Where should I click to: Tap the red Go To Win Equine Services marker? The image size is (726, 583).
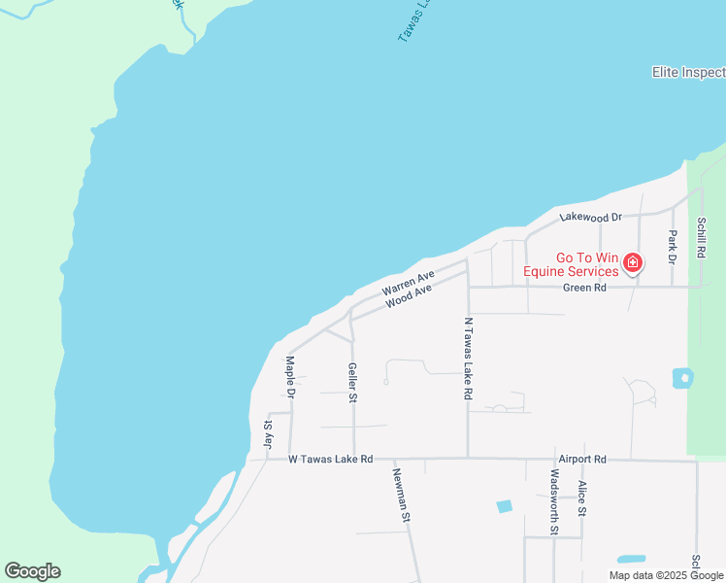tap(633, 262)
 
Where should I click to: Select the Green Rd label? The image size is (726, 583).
tap(586, 288)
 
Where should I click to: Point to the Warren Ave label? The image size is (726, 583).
tap(408, 285)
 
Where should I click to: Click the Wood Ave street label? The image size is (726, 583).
tap(408, 296)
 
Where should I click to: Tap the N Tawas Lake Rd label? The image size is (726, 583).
tap(468, 359)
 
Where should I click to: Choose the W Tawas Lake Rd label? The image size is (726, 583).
tap(330, 459)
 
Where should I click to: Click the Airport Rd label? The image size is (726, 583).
tap(581, 459)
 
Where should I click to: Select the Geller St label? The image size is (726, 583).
tap(353, 383)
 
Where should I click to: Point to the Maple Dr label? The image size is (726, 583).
tap(289, 375)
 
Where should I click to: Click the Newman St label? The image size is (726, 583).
tap(400, 495)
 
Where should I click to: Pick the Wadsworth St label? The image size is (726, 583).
tap(554, 502)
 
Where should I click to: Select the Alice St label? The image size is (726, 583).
tap(582, 497)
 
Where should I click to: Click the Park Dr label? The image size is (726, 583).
tap(672, 246)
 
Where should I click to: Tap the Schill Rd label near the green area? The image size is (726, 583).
tap(701, 238)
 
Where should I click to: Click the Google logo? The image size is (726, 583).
tap(32, 571)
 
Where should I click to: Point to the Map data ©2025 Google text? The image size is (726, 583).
tap(666, 575)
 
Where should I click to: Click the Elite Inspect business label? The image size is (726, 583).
tap(688, 73)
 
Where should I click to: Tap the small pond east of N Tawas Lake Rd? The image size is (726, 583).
tap(682, 377)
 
